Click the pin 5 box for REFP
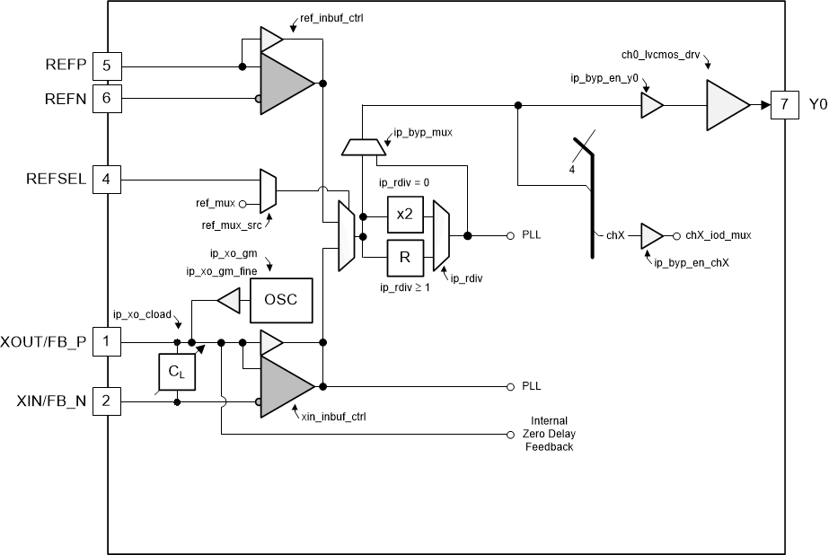point(106,66)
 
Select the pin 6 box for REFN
point(106,100)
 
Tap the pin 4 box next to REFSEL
point(106,179)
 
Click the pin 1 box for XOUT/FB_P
point(106,342)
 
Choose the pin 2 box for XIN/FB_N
point(106,401)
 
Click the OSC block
point(281,299)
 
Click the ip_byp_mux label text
point(422,133)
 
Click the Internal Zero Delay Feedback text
point(549,434)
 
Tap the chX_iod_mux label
point(719,235)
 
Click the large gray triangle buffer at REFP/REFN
point(285,84)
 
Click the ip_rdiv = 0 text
point(404,182)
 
